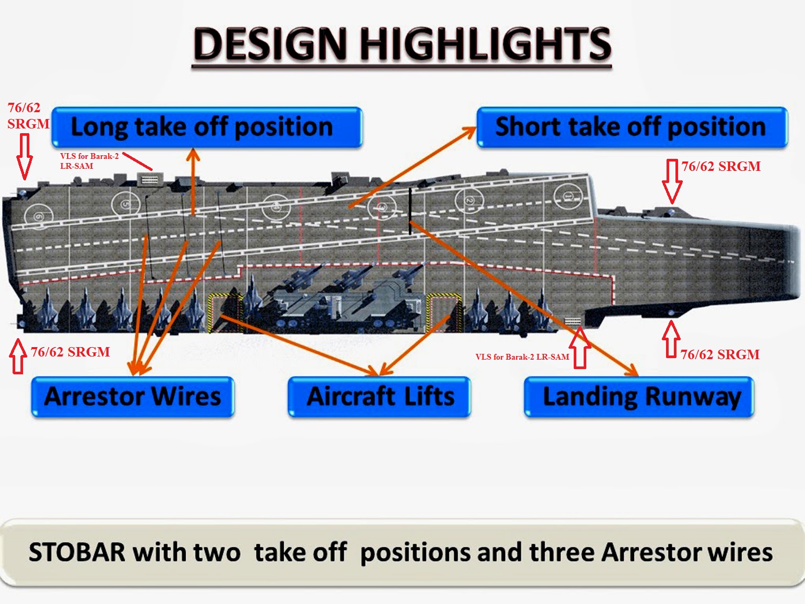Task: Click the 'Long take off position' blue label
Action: click(207, 127)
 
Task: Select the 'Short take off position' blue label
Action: click(632, 127)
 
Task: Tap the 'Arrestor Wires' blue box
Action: click(132, 397)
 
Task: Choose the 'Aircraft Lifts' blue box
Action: click(379, 397)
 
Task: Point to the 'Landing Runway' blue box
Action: click(639, 397)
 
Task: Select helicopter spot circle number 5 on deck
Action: click(126, 204)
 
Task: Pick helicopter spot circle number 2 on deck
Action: click(469, 201)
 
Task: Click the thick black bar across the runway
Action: click(410, 211)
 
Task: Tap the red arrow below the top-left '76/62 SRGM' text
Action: click(25, 156)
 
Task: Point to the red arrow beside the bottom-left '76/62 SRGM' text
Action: click(18, 356)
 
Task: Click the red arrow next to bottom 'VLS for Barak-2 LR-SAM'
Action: click(580, 348)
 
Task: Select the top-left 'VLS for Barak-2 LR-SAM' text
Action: click(90, 161)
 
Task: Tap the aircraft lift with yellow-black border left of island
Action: click(226, 312)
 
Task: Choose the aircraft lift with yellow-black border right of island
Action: click(444, 312)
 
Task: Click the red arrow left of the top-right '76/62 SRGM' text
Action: click(672, 181)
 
